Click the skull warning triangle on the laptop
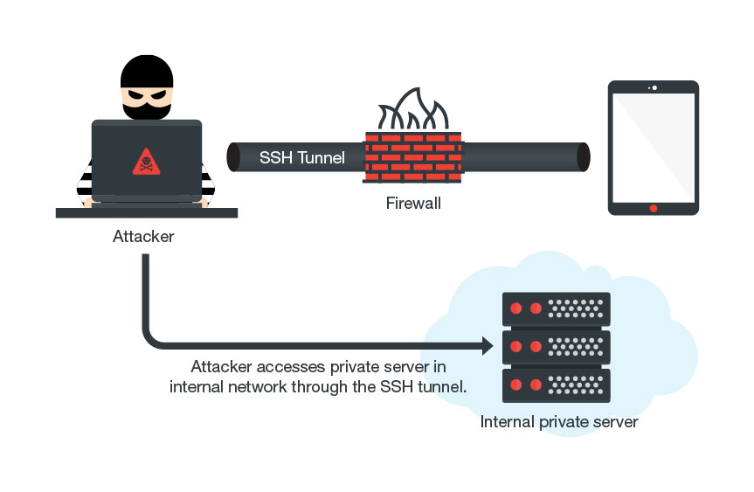(146, 162)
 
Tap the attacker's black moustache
(146, 111)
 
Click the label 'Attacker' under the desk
(143, 236)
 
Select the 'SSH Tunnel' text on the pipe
(302, 158)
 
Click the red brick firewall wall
(413, 156)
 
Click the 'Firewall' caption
(413, 204)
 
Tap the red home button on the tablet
(653, 208)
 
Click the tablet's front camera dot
(654, 87)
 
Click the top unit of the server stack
(556, 308)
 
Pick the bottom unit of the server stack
(556, 385)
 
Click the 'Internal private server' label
(559, 423)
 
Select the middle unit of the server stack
(556, 347)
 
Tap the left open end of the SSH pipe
(234, 157)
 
